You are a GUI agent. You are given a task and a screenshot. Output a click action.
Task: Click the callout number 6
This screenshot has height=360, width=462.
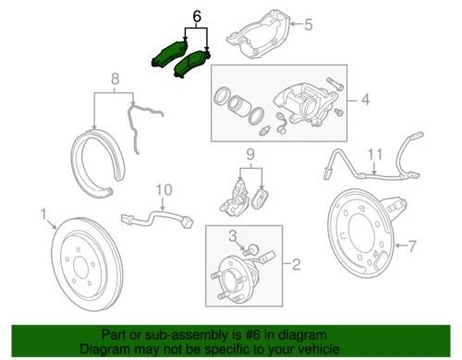pos(196,17)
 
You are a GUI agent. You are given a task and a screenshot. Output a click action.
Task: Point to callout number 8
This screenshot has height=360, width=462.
pos(115,79)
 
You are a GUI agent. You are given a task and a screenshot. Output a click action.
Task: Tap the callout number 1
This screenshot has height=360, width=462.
pos(43,214)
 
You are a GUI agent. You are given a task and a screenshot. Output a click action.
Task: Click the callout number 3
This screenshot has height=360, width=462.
pos(235,237)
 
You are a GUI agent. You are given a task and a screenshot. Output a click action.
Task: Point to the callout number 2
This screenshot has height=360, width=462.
pos(297,267)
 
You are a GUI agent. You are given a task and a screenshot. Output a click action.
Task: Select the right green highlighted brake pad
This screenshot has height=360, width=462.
pos(195,64)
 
